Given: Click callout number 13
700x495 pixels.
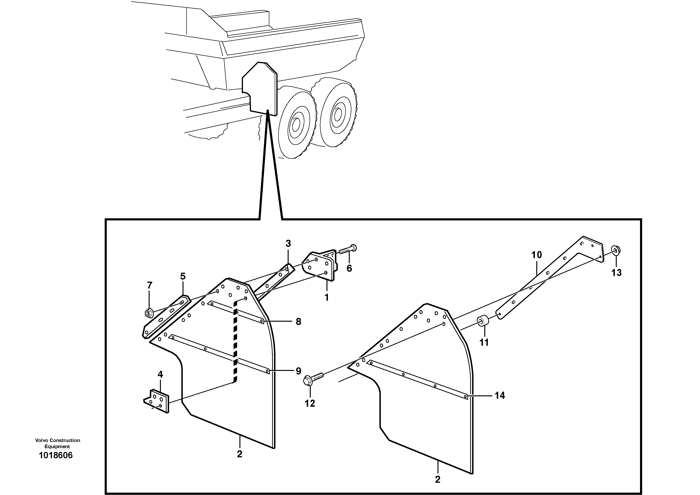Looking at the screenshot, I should pyautogui.click(x=616, y=272).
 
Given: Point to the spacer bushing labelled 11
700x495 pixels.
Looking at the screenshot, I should pyautogui.click(x=483, y=322).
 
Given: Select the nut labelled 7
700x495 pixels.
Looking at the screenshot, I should pyautogui.click(x=149, y=313).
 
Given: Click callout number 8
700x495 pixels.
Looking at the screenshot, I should pyautogui.click(x=298, y=321).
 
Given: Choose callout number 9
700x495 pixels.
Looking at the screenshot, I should pyautogui.click(x=298, y=371).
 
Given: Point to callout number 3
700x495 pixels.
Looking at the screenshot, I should pyautogui.click(x=288, y=243).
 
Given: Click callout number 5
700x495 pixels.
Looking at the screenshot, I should pyautogui.click(x=183, y=276).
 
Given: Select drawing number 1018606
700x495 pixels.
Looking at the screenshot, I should pyautogui.click(x=56, y=455).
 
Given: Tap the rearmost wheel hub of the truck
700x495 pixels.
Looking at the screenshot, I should pyautogui.click(x=338, y=114).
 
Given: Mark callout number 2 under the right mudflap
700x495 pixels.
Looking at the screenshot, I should pyautogui.click(x=437, y=479).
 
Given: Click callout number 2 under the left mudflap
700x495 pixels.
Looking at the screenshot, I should pyautogui.click(x=240, y=454).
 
